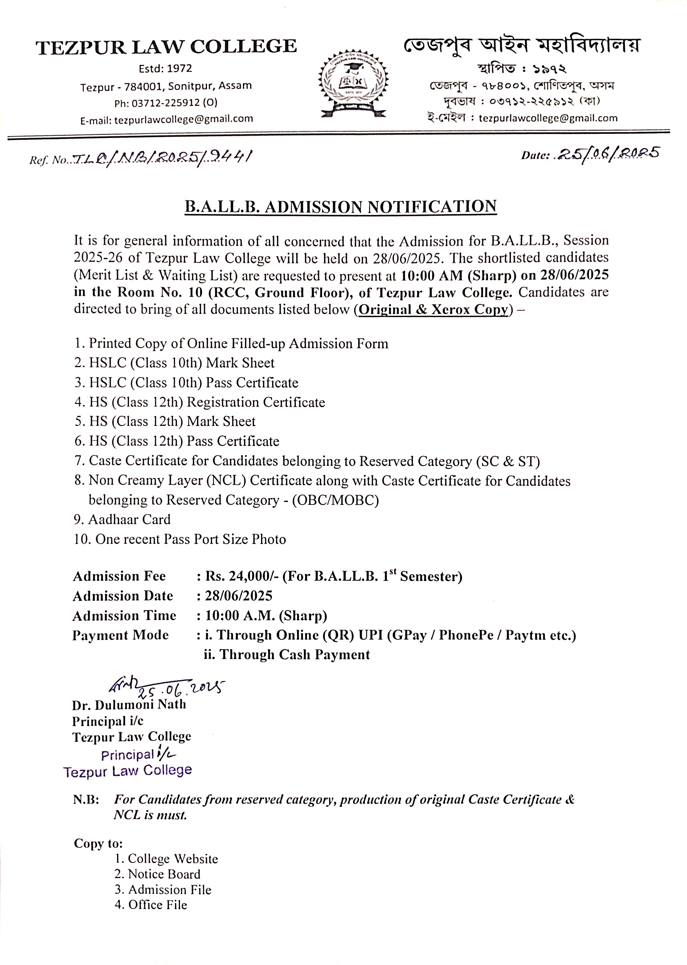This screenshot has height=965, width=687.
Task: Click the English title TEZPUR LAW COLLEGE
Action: click(x=166, y=47)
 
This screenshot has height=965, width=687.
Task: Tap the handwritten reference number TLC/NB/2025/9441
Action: click(x=163, y=158)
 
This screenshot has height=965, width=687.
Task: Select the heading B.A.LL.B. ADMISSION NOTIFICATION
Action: click(x=341, y=207)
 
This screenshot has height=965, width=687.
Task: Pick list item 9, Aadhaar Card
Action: click(x=122, y=519)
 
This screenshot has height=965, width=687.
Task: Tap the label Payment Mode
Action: click(x=121, y=635)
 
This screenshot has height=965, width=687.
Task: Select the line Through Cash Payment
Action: click(x=287, y=654)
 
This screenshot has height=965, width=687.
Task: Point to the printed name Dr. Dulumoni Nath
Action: click(x=129, y=704)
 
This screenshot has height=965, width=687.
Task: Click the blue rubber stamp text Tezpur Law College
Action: click(x=128, y=771)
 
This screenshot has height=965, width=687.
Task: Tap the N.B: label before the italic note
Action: click(x=86, y=799)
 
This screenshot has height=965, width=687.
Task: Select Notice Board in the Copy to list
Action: click(x=158, y=874)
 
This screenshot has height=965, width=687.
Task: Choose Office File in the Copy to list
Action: click(x=151, y=905)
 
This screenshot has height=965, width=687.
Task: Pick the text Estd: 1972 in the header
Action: click(x=166, y=68)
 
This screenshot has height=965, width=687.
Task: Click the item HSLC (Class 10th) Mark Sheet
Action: click(x=174, y=363)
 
